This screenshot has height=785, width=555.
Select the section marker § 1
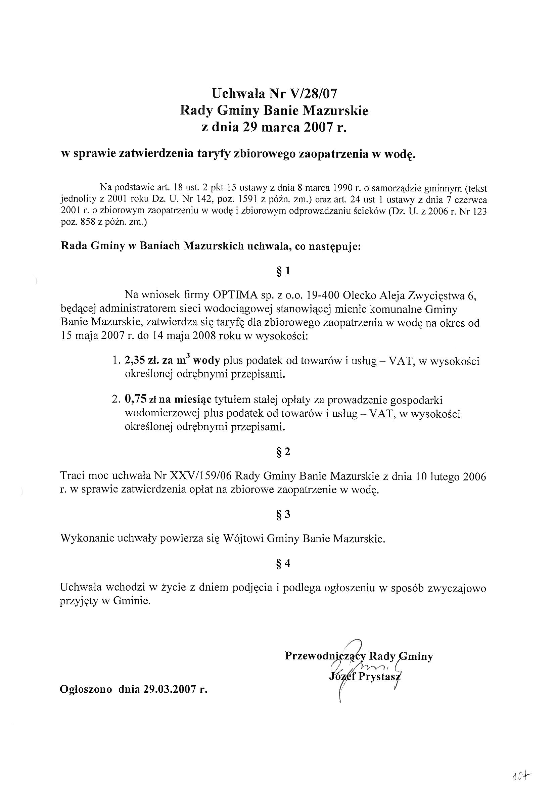click(x=283, y=271)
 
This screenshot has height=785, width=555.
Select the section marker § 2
click(x=283, y=452)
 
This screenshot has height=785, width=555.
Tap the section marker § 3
click(x=283, y=514)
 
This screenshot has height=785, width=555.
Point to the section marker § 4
click(x=283, y=563)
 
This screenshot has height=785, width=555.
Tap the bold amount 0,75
click(x=135, y=399)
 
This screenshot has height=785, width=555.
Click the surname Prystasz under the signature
click(x=380, y=676)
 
